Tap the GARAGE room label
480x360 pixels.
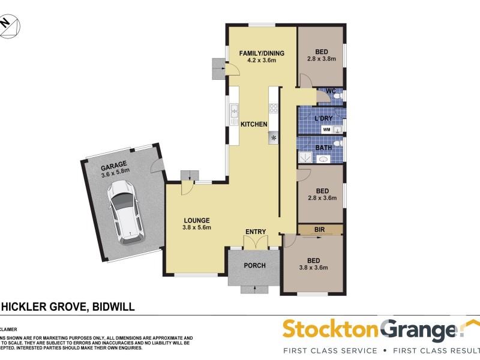click(116, 168)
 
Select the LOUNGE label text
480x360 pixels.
click(196, 219)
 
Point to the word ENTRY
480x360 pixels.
click(256, 232)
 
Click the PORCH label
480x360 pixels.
click(254, 265)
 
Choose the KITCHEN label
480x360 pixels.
click(254, 124)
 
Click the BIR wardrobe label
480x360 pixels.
click(319, 229)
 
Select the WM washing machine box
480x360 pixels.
click(326, 129)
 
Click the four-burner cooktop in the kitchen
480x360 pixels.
click(273, 109)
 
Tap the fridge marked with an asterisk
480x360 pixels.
click(274, 137)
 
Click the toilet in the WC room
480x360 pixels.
click(337, 95)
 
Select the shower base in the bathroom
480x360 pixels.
click(305, 157)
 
